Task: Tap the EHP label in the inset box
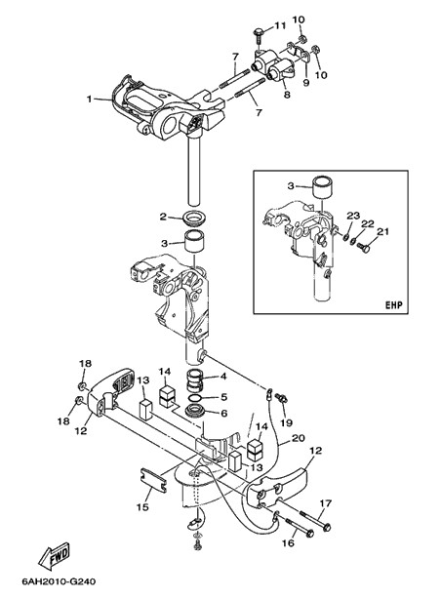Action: [x=393, y=305]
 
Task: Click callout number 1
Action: [x=89, y=100]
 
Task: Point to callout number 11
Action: [x=280, y=25]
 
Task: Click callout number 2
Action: [x=163, y=217]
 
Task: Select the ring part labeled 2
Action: [x=195, y=218]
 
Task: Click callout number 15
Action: [x=142, y=507]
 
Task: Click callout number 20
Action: [x=299, y=438]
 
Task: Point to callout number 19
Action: [x=286, y=422]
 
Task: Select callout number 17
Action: [x=326, y=503]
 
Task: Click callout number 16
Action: [x=289, y=542]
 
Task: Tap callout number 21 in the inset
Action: [x=382, y=232]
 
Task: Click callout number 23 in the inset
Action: [x=353, y=216]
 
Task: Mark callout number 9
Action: [x=306, y=83]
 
